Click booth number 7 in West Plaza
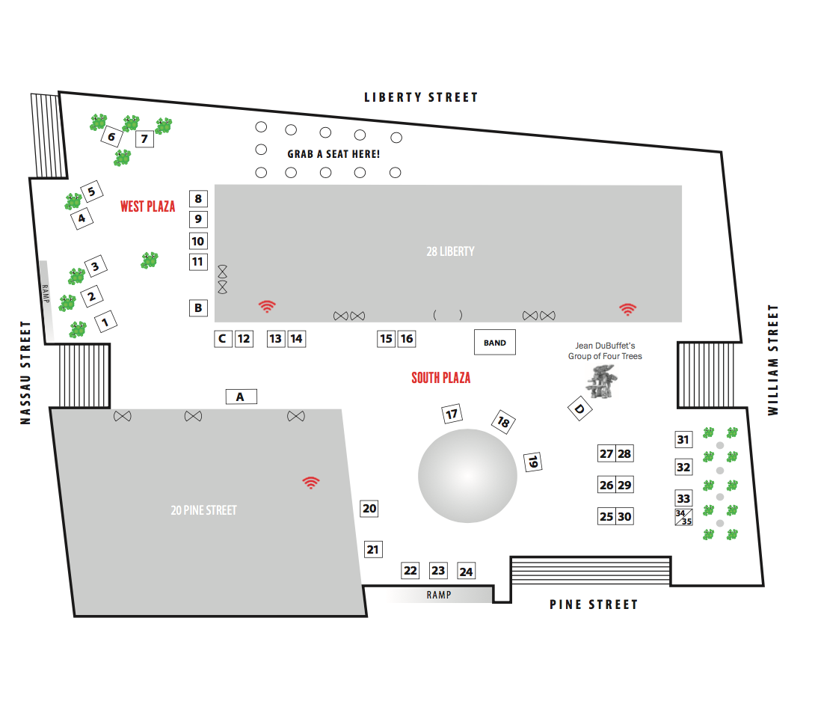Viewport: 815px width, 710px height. [144, 138]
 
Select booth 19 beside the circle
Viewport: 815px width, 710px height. [532, 462]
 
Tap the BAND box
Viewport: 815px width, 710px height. [494, 343]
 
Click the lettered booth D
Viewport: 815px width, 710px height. [579, 409]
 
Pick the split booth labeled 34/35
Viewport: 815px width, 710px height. [683, 517]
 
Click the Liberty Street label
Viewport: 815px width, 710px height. [421, 97]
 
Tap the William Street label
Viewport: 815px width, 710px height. [773, 360]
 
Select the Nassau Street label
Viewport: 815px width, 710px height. [26, 373]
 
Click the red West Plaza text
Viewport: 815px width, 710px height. [147, 206]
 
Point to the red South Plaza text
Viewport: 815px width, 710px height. [441, 378]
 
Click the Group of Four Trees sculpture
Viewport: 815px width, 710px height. [603, 385]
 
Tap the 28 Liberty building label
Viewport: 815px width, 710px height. [450, 251]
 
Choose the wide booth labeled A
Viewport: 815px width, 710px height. [241, 397]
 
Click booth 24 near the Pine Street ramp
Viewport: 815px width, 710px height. [466, 572]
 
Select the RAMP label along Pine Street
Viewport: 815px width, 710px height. [439, 595]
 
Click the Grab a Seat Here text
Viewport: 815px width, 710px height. [333, 154]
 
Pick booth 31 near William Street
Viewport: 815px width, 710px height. [683, 440]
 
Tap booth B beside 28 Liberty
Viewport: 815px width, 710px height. [198, 307]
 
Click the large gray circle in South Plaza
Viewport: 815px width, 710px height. [467, 476]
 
